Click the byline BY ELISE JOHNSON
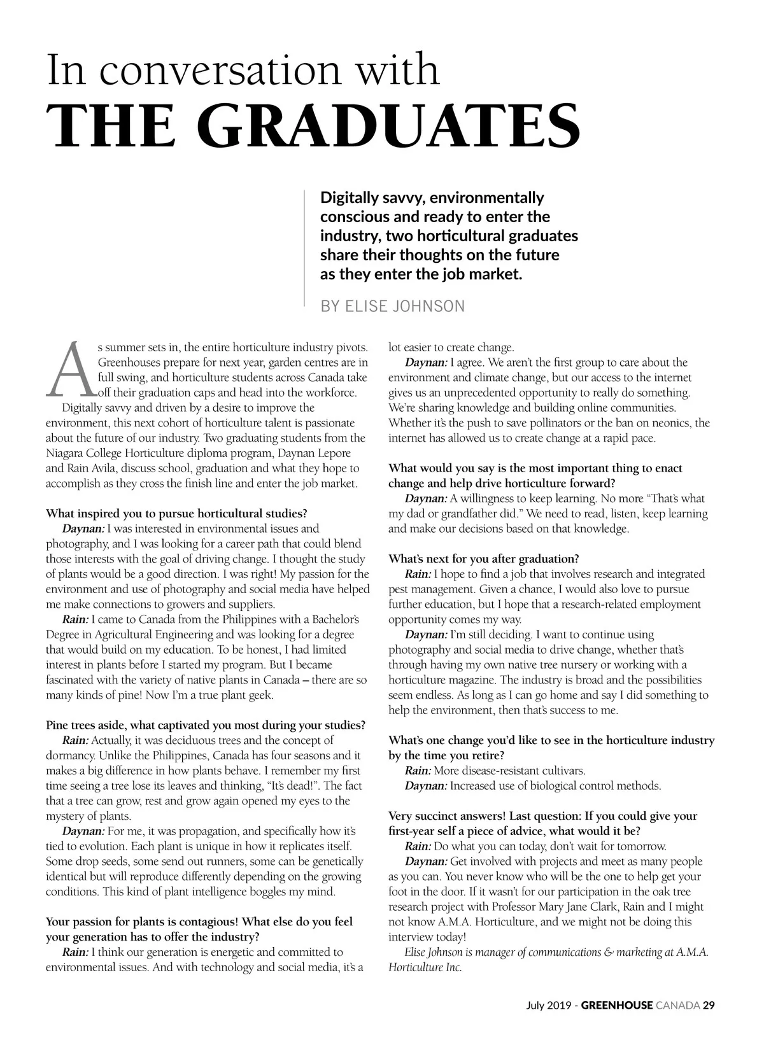pyautogui.click(x=392, y=306)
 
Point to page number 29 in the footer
pyautogui.click(x=709, y=1006)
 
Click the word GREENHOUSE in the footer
pyautogui.click(x=617, y=1006)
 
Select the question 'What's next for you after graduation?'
pyautogui.click(x=484, y=559)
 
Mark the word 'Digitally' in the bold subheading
pyautogui.click(x=349, y=198)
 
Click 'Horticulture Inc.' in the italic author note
pyautogui.click(x=425, y=967)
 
